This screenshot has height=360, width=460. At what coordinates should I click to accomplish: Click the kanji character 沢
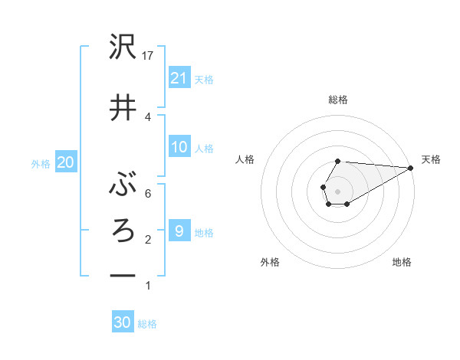pyautogui.click(x=123, y=49)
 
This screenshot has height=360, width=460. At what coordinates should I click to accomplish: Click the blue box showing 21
pyautogui.click(x=179, y=77)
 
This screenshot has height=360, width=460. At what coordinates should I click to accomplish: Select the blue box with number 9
pyautogui.click(x=179, y=231)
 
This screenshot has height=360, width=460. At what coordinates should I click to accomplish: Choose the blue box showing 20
pyautogui.click(x=66, y=162)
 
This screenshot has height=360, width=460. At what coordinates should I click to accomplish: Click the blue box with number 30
pyautogui.click(x=123, y=322)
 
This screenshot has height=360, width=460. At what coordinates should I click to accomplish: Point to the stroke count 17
pyautogui.click(x=149, y=56)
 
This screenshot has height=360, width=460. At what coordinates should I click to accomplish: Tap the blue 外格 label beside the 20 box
pyautogui.click(x=41, y=163)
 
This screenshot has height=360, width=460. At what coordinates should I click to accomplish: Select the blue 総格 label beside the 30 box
pyautogui.click(x=147, y=324)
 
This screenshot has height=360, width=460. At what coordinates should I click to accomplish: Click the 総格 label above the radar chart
pyautogui.click(x=337, y=100)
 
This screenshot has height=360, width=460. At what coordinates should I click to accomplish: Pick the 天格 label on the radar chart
pyautogui.click(x=431, y=159)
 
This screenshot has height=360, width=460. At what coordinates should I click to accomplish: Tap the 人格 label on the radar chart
pyautogui.click(x=245, y=159)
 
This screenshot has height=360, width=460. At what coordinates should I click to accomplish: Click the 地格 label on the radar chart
pyautogui.click(x=402, y=262)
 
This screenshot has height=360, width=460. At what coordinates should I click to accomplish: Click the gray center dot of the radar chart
pyautogui.click(x=337, y=190)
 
